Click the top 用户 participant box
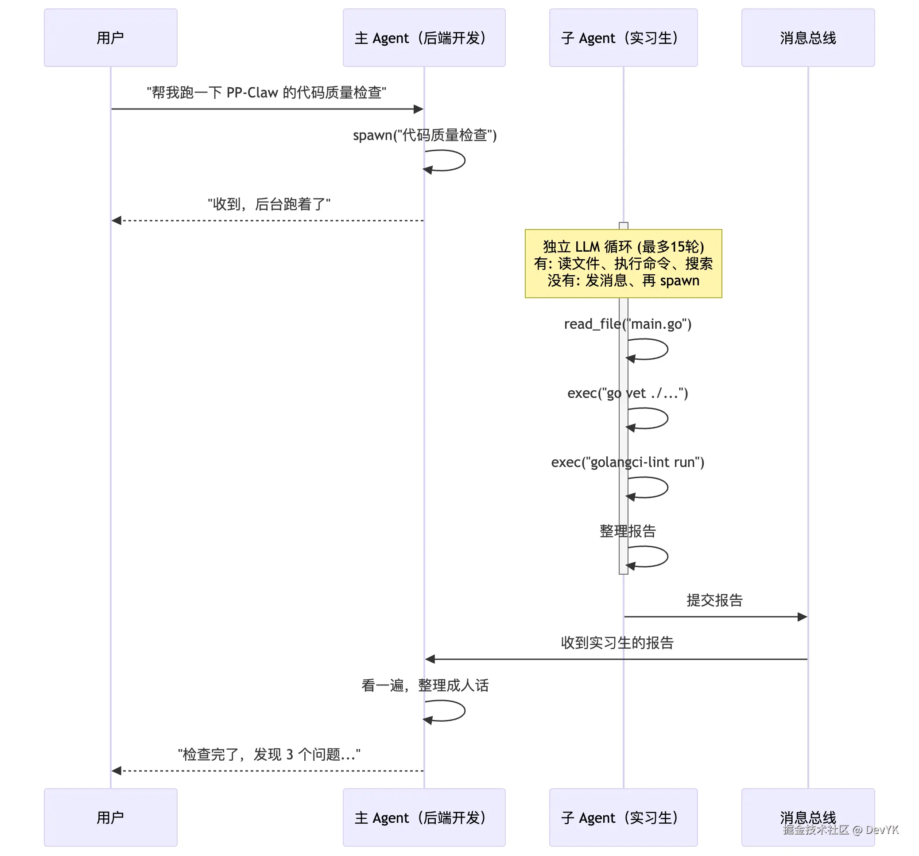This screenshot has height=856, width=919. pos(110,38)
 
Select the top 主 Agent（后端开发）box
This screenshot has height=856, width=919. pos(423,38)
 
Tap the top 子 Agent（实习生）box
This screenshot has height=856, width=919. pos(623,38)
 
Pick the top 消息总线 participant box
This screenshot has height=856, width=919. pos(807,38)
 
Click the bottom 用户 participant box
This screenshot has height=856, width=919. pos(110,817)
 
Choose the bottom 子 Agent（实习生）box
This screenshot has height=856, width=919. pos(623,817)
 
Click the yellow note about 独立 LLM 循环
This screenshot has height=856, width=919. pos(623,263)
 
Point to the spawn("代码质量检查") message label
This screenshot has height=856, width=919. pos(424,135)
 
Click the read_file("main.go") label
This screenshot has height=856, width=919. pos(627,324)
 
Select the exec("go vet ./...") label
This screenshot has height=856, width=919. pos(627,393)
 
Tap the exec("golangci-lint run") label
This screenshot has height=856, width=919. pos(627,462)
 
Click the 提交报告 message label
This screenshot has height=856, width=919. pos(714,600)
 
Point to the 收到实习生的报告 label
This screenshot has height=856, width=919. pos(617,642)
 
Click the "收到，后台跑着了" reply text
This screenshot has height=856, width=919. pos(268,204)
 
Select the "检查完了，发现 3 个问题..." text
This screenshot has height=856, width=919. pos(268,754)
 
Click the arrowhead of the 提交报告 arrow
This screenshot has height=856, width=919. pos(802,616)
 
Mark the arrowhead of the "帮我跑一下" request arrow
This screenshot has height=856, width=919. pos(419,109)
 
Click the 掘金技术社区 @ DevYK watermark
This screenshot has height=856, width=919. pos(840,830)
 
